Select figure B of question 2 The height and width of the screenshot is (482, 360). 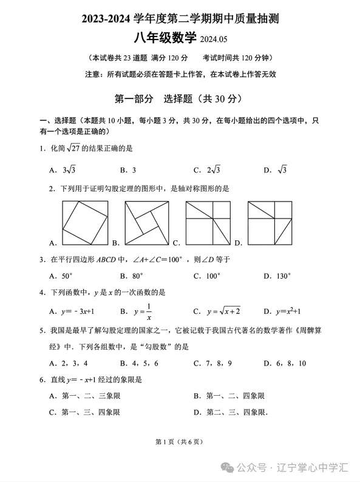tap(148, 223)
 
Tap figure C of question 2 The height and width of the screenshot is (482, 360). tap(208, 223)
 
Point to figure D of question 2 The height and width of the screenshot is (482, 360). tap(270, 223)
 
